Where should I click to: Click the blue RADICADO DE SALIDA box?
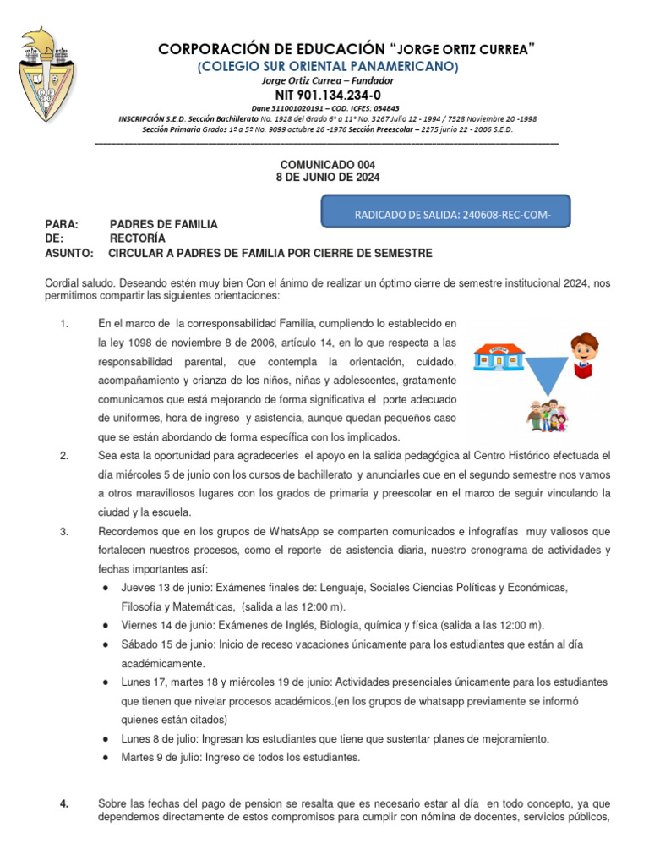446,212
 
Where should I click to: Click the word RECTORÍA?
138,238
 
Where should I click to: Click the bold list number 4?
64,803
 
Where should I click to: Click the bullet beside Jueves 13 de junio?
103,588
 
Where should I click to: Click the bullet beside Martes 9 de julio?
103,758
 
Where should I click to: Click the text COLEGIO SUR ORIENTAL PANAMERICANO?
328,67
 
